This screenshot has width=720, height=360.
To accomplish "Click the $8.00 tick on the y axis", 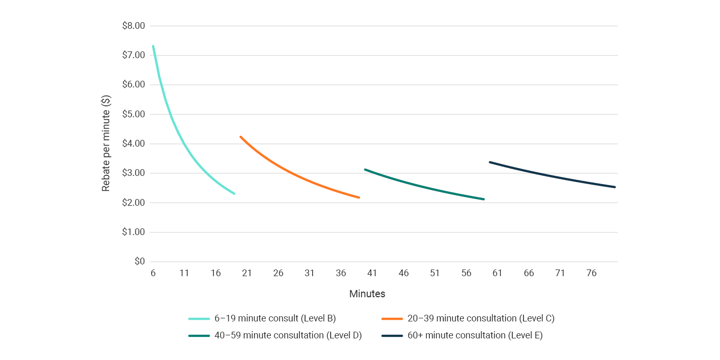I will tap(133, 26).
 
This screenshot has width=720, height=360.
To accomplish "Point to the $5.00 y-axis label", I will tap(133, 114).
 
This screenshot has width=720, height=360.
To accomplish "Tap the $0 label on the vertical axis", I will tap(139, 262).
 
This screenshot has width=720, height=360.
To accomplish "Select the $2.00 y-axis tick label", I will tap(133, 203).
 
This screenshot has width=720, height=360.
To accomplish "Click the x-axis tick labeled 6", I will tap(153, 273).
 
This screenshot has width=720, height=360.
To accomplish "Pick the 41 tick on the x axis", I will tap(372, 273).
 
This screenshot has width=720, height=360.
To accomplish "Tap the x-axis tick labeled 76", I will tap(591, 273).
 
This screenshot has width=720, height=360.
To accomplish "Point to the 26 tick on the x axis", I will tap(278, 273).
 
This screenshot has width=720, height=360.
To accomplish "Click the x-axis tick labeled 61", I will tap(497, 273).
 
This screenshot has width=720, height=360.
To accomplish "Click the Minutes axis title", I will tap(367, 294).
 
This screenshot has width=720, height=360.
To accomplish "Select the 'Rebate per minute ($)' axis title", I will tap(106, 144).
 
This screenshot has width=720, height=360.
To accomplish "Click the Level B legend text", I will tap(275, 318).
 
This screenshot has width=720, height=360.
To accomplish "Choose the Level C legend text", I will tap(481, 318).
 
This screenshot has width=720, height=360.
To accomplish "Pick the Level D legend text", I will tap(288, 335).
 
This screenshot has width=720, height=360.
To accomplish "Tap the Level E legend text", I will tap(475, 335).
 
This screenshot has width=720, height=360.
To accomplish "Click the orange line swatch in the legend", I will tap(392, 319).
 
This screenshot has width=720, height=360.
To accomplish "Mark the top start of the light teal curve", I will tap(153, 46).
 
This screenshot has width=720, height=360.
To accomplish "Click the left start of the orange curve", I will tap(241, 137).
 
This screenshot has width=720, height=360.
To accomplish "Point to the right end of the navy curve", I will tap(615, 187).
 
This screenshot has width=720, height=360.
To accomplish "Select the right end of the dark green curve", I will tap(483, 199).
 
